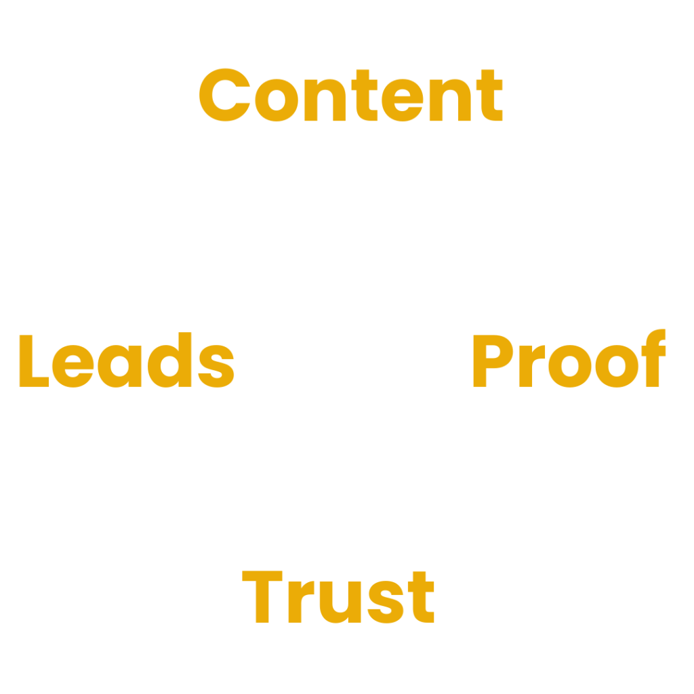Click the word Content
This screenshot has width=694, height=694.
pos(350,96)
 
